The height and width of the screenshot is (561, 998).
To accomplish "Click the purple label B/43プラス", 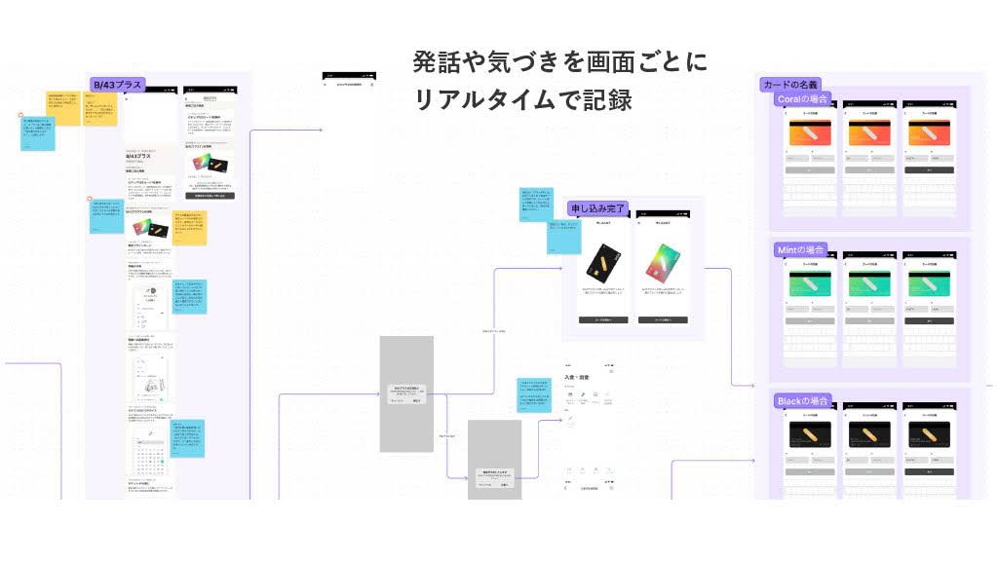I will tap(118, 85).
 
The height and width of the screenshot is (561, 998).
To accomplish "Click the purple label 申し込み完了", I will tap(597, 207).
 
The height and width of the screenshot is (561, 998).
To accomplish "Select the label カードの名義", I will tap(791, 85).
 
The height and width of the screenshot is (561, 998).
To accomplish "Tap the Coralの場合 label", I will tap(803, 98).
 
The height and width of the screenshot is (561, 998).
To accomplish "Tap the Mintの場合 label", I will tap(801, 250).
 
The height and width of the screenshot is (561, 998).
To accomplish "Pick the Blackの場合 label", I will tap(802, 401).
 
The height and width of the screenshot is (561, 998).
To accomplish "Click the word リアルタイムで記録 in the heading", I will tap(523, 99).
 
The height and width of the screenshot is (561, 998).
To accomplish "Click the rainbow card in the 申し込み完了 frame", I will tap(663, 265).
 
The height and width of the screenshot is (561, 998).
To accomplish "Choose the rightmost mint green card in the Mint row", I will tap(928, 284).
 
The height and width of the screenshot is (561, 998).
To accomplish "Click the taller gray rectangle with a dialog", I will tap(405, 393).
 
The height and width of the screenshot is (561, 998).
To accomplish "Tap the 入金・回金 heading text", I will tap(577, 376).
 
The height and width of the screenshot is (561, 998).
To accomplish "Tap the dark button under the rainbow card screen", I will tap(663, 319).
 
